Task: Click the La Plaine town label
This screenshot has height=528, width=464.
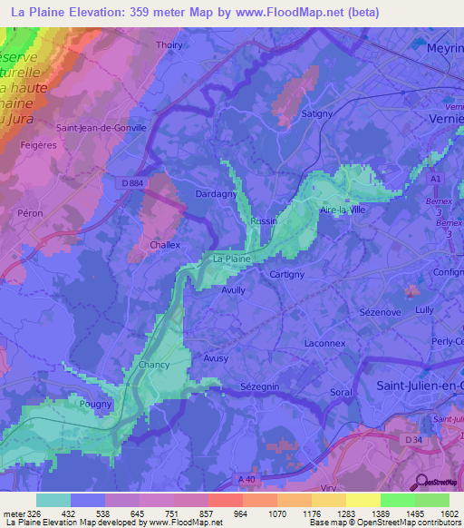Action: click(x=230, y=259)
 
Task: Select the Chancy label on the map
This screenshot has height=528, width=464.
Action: click(x=155, y=365)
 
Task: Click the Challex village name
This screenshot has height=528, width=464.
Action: click(x=165, y=245)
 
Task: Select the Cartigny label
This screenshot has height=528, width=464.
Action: click(x=287, y=274)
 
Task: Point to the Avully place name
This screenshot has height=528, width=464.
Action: click(x=234, y=290)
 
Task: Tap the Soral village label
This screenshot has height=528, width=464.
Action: click(x=341, y=393)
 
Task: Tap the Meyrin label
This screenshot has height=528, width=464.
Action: click(x=445, y=48)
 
